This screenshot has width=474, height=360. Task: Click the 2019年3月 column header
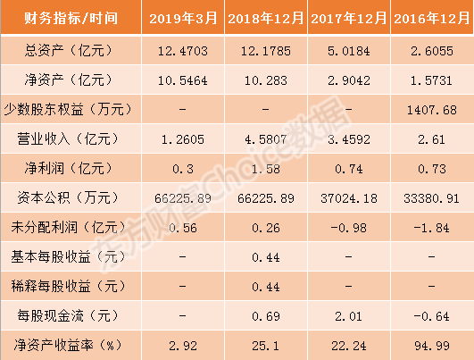(x=183, y=19)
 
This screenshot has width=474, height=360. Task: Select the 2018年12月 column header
(x=266, y=19)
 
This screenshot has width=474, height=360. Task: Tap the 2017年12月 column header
(x=349, y=19)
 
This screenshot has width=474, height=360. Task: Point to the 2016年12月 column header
(x=432, y=19)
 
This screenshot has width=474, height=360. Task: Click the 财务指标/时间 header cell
(x=71, y=18)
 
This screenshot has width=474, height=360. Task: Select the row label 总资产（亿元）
(x=68, y=50)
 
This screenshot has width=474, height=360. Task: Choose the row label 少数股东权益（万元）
(x=68, y=109)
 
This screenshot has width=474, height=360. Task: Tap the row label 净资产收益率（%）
(x=68, y=345)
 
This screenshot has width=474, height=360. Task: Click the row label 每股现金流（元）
(x=68, y=316)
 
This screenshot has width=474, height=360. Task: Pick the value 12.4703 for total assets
(x=183, y=51)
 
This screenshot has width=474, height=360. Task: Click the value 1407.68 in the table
(x=432, y=110)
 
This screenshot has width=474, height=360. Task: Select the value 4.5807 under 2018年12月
(x=266, y=139)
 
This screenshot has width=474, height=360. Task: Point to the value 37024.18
(x=349, y=198)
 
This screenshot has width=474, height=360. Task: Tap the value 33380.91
(x=432, y=198)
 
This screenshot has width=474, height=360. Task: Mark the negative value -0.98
(x=349, y=228)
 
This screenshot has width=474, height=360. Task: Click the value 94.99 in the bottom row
(x=432, y=346)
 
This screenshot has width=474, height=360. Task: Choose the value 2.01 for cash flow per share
(x=348, y=317)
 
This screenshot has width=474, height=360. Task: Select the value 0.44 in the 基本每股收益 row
(x=266, y=258)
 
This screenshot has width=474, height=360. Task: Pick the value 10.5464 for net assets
(x=183, y=80)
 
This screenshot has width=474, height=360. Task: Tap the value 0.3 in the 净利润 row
(x=183, y=169)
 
